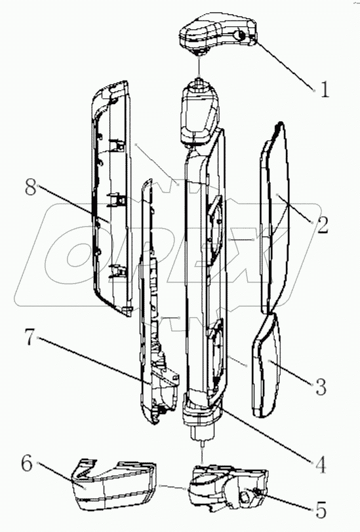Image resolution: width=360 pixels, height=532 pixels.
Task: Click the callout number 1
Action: pyautogui.click(x=325, y=90)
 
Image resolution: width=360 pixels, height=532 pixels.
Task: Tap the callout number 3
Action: pyautogui.click(x=321, y=387)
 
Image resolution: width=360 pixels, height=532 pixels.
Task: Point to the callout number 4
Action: pyautogui.click(x=320, y=465)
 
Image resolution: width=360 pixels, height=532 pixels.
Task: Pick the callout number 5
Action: pyautogui.click(x=320, y=509)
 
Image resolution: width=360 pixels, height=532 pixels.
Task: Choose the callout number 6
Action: pyautogui.click(x=27, y=463)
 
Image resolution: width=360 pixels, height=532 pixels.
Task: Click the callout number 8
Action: pyautogui.click(x=30, y=187)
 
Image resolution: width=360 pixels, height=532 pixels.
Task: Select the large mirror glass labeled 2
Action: pyautogui.click(x=276, y=217)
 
